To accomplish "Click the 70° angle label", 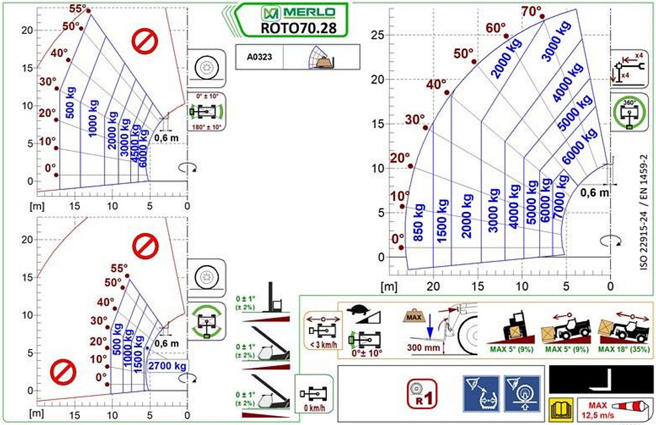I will pos(531,12).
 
